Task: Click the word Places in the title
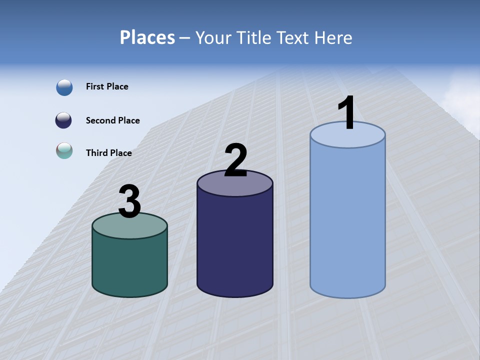pyautogui.click(x=147, y=37)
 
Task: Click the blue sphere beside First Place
pyautogui.click(x=64, y=87)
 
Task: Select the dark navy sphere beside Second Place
pyautogui.click(x=63, y=120)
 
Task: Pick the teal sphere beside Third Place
pyautogui.click(x=64, y=150)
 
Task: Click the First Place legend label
pyautogui.click(x=107, y=86)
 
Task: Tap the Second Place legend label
pyautogui.click(x=112, y=120)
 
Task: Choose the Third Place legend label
pyautogui.click(x=108, y=153)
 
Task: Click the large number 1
pyautogui.click(x=346, y=113)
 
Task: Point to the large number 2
pyautogui.click(x=235, y=160)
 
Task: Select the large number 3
pyautogui.click(x=129, y=201)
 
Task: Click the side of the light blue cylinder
pyautogui.click(x=347, y=220)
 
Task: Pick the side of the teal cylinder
pyautogui.click(x=129, y=265)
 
